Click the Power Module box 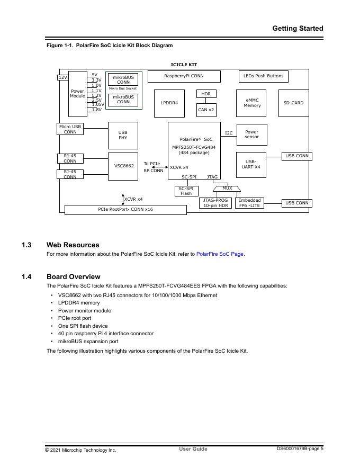pos(78,94)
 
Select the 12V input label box pos(62,77)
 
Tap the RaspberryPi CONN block pos(184,76)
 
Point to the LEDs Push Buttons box pos(263,76)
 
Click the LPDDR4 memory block pos(169,103)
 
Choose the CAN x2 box pos(206,110)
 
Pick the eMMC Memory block pos(252,103)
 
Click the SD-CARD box pos(293,103)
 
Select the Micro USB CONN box pos(70,129)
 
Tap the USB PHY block pos(123,135)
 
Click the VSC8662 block pos(124,166)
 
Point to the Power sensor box pos(252,135)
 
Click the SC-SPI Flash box pos(186,191)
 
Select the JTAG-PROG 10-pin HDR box pos(215,203)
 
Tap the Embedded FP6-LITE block pos(249,203)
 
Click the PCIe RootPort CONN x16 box pos(125,210)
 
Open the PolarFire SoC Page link pos(220,254)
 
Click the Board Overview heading pos(74,276)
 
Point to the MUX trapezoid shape pos(227,189)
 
